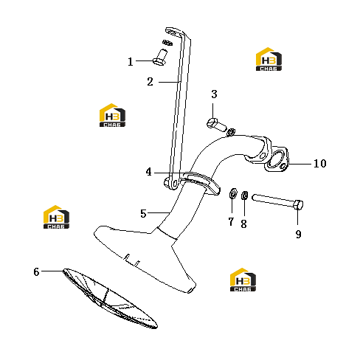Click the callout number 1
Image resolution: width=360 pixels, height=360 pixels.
pyautogui.click(x=131, y=62)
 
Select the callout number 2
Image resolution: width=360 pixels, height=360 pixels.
pyautogui.click(x=150, y=82)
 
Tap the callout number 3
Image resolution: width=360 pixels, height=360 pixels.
pyautogui.click(x=214, y=94)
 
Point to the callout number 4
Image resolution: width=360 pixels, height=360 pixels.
pyautogui.click(x=148, y=172)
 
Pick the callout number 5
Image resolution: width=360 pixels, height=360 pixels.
pyautogui.click(x=143, y=214)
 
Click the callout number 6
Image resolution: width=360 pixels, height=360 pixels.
pyautogui.click(x=36, y=271)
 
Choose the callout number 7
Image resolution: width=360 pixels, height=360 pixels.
pyautogui.click(x=231, y=221)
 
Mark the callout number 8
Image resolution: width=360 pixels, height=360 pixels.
pyautogui.click(x=243, y=224)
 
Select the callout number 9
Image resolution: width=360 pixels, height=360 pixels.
pyautogui.click(x=298, y=234)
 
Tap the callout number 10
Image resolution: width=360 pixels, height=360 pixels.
pyautogui.click(x=320, y=164)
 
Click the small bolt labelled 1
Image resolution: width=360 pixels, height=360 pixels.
pyautogui.click(x=160, y=58)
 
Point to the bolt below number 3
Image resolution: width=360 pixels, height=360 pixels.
pyautogui.click(x=216, y=125)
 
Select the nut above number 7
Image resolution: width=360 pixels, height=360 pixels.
pyautogui.click(x=233, y=193)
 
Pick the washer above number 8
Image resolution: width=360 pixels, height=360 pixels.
pyautogui.click(x=245, y=195)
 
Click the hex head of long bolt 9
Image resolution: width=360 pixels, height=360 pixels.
pyautogui.click(x=298, y=204)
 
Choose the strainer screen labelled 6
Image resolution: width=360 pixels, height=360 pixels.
pyautogui.click(x=110, y=298)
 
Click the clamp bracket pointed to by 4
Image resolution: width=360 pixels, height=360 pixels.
pyautogui.click(x=201, y=181)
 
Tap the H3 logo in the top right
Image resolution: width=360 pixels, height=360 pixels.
pyautogui.click(x=269, y=59)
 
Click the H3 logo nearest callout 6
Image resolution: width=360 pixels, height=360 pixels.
pyautogui.click(x=56, y=217)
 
